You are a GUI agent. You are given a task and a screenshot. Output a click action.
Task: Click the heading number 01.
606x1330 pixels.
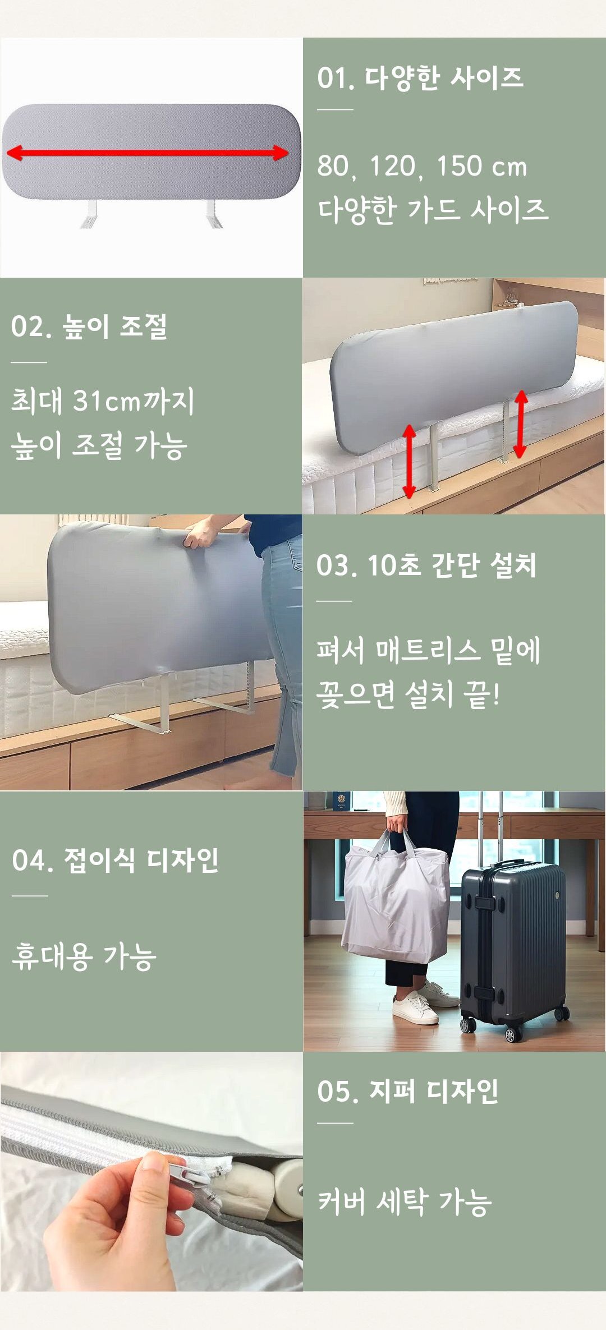click(x=336, y=77)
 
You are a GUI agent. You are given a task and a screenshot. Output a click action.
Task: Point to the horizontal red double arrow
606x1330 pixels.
click(x=148, y=153)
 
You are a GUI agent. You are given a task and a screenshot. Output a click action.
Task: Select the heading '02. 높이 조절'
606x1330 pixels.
click(x=89, y=326)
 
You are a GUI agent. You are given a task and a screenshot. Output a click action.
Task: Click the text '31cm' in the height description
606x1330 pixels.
click(x=107, y=401)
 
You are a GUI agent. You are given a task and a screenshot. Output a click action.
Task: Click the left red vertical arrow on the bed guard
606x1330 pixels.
click(x=409, y=461)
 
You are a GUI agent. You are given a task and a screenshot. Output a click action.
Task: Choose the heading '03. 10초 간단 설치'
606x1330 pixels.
click(x=426, y=565)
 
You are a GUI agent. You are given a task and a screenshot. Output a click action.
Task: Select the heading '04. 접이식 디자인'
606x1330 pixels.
click(x=115, y=860)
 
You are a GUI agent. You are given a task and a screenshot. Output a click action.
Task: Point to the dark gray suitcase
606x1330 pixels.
click(x=513, y=947)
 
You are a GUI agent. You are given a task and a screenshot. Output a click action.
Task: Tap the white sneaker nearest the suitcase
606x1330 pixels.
click(x=415, y=1007)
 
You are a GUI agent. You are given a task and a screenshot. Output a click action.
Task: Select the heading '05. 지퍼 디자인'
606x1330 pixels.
click(x=408, y=1091)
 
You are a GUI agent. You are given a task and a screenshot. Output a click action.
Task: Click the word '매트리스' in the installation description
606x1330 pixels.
click(x=428, y=651)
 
